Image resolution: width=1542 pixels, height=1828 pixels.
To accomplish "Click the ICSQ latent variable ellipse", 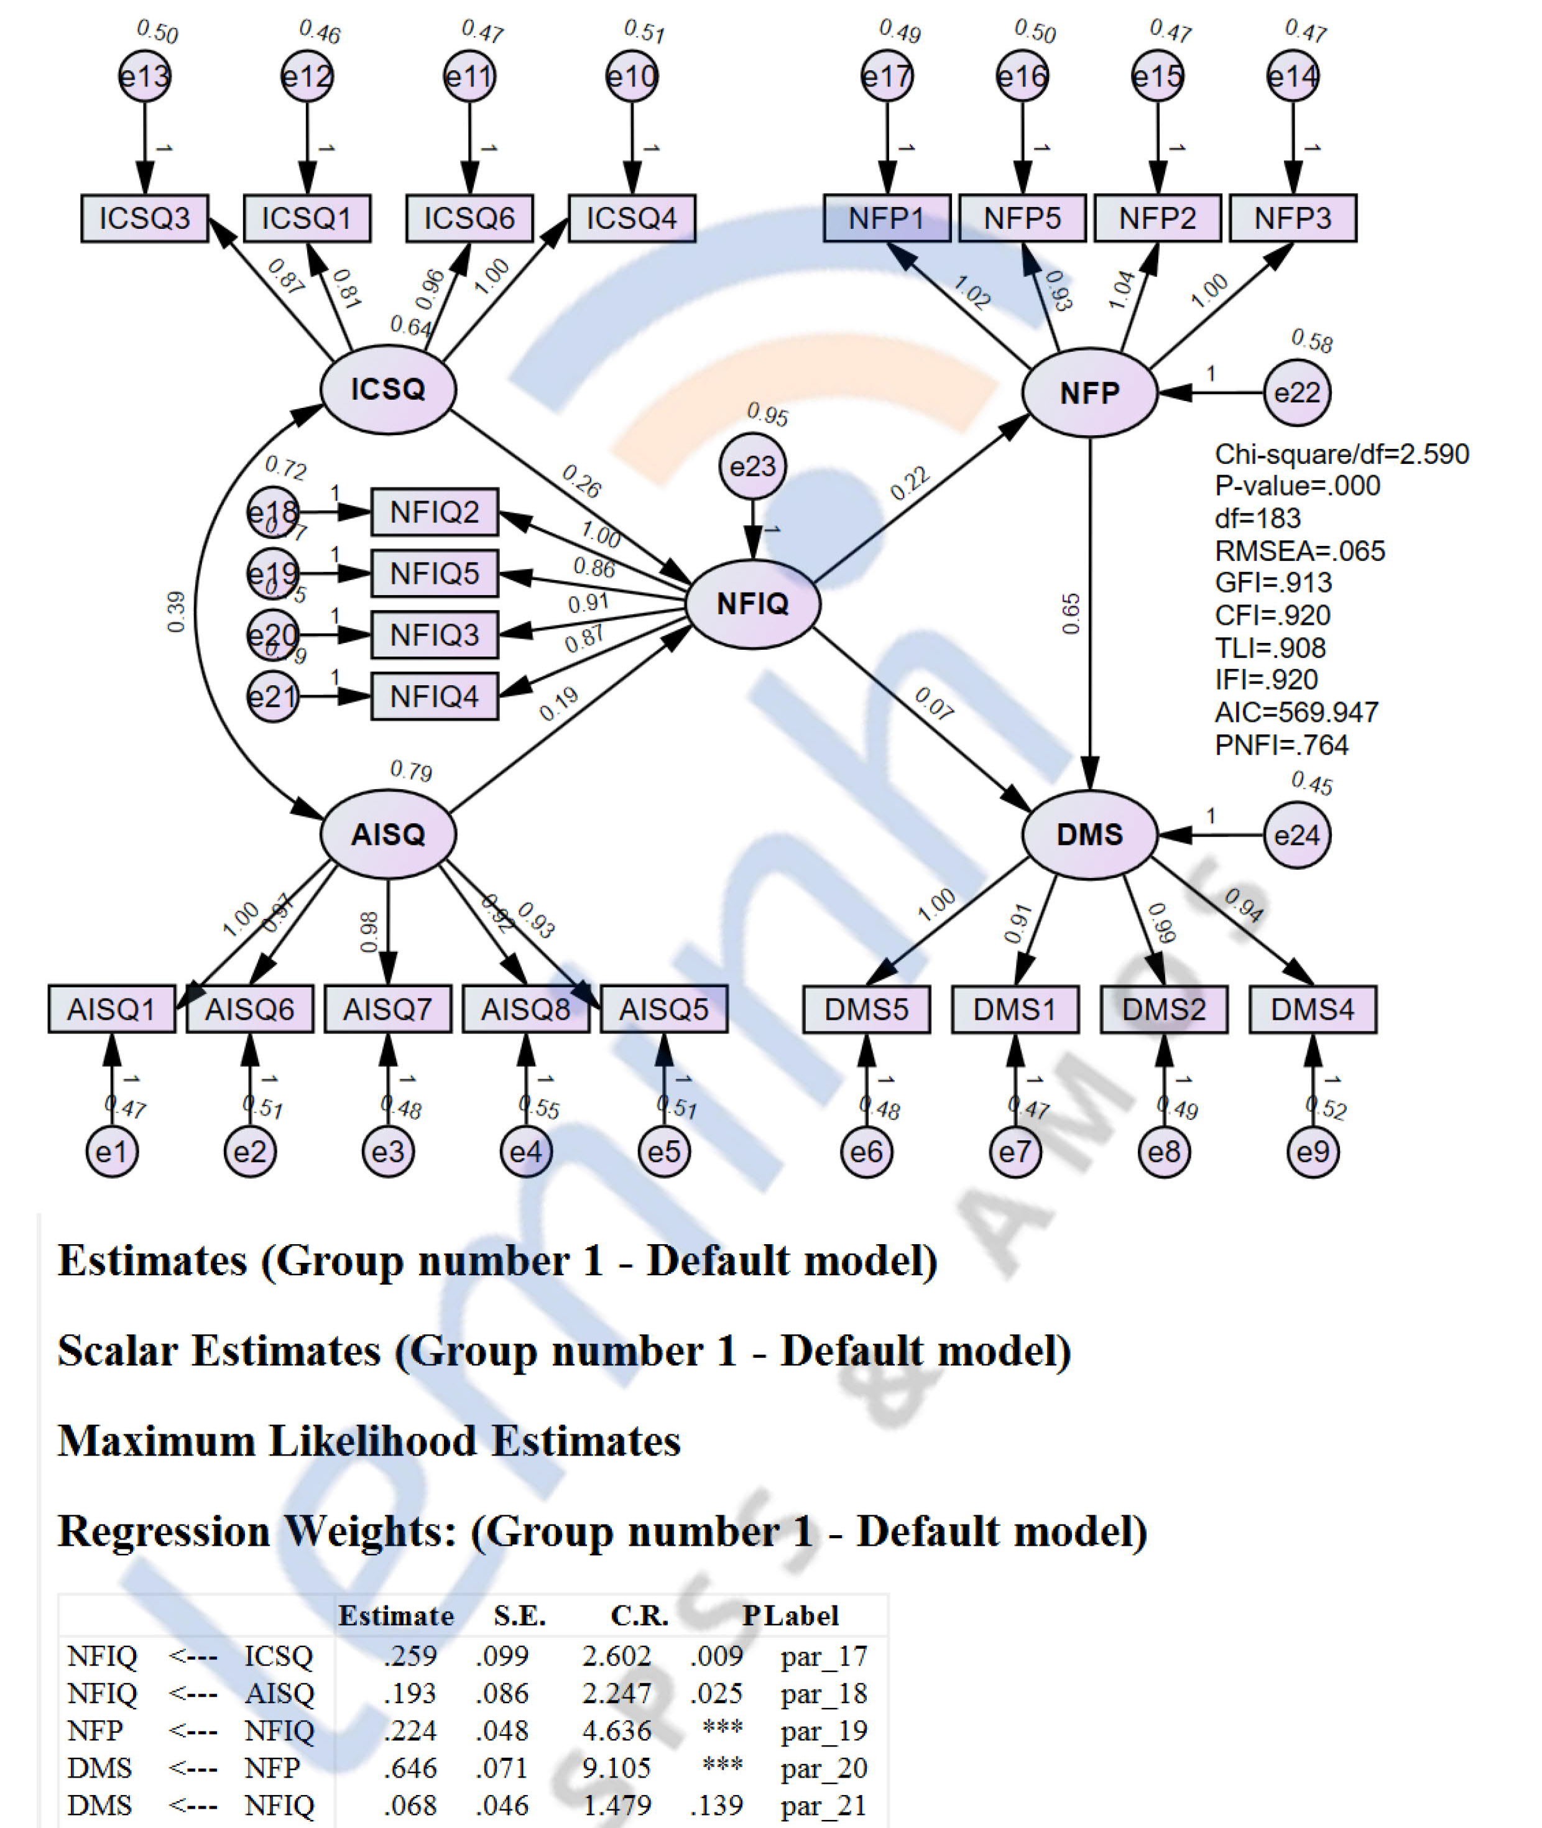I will point(388,390).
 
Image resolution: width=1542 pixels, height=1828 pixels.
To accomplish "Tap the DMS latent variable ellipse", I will point(1089,835).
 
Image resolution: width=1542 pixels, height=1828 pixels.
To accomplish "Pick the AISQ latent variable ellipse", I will point(388,835).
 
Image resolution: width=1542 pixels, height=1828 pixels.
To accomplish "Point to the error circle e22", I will point(1297,392).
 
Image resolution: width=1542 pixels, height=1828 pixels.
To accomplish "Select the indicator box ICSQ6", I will point(469,218).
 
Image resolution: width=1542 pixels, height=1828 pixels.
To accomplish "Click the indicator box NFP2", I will point(1157,218).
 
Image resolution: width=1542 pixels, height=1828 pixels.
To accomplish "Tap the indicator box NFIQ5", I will point(435,573).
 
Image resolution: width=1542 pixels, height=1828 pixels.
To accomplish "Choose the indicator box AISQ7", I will point(387,1010).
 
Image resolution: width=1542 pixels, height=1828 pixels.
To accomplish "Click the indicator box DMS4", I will point(1312,1010).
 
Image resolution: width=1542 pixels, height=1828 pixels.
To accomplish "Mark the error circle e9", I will point(1312,1152).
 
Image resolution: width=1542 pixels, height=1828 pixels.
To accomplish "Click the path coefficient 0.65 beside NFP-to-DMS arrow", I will point(1072,614).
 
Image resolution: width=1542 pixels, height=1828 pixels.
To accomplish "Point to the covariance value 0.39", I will point(175,612).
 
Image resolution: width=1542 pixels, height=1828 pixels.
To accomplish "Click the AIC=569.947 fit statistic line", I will point(1296,713).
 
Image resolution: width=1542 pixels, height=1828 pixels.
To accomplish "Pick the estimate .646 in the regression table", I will point(410,1768).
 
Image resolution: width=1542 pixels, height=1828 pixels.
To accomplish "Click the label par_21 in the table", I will point(823,1805).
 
